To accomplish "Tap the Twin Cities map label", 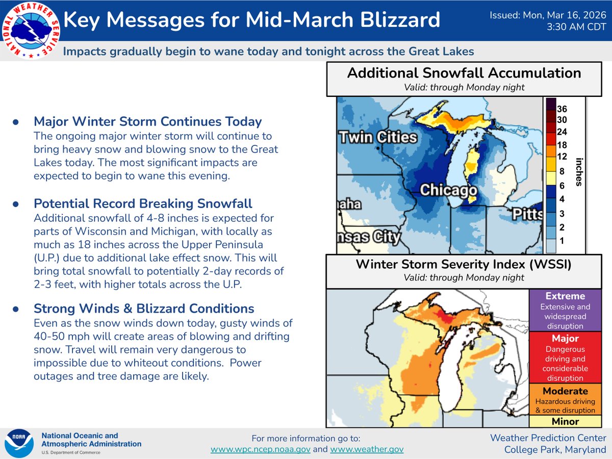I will [377, 138].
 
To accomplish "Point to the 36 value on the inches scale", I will [562, 109].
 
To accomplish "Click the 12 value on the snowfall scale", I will [562, 156].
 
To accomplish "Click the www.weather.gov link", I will [367, 449].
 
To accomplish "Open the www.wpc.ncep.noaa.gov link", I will [261, 449].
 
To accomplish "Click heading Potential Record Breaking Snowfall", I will [143, 203].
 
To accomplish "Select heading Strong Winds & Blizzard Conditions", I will [144, 309].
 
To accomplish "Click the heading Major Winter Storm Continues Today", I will [147, 121].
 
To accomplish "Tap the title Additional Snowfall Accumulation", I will [464, 73].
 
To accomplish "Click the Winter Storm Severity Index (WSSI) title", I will [464, 265].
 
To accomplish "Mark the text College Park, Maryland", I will [555, 449].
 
